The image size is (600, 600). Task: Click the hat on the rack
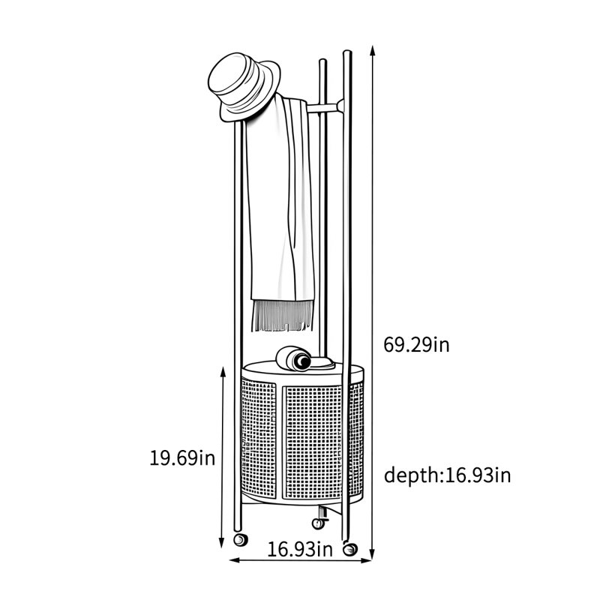pos(243,87)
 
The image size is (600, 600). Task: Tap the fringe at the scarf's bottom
pos(282,315)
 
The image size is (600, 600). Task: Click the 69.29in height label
pos(416,345)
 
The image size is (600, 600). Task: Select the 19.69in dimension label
pos(182,457)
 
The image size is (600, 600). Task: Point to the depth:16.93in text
pos(447,475)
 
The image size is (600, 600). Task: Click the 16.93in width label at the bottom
pos(299,550)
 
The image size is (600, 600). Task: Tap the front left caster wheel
pos(240,540)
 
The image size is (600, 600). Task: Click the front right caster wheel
pos(349,550)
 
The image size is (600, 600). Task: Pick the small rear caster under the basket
pos(319,523)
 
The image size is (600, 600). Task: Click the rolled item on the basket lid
pos(293,358)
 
